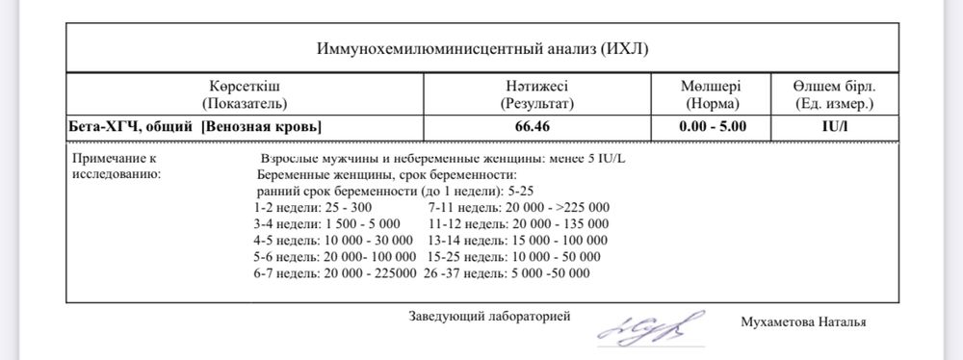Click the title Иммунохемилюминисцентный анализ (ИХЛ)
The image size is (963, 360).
[488, 48]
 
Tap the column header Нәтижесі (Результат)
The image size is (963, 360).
[536, 93]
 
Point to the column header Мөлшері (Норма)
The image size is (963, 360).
[711, 93]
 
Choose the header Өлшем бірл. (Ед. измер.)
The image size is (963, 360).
[828, 93]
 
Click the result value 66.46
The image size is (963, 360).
[536, 126]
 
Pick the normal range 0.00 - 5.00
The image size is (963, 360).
[711, 126]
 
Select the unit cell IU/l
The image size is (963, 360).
[828, 126]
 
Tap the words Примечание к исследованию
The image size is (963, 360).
[117, 165]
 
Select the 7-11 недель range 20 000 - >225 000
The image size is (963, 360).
[519, 207]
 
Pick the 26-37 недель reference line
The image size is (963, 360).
[509, 273]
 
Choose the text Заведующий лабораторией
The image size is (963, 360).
[490, 316]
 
